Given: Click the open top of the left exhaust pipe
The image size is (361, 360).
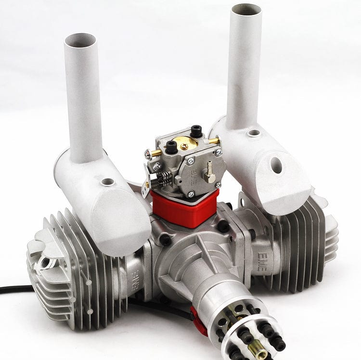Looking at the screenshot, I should [80, 40].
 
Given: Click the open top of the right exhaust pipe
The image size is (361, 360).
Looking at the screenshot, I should [246, 9].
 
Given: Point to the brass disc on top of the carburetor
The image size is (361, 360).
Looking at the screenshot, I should [185, 142].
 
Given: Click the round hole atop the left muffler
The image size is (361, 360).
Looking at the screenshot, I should [108, 182].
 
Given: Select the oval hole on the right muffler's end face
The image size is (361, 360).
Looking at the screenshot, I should [276, 165].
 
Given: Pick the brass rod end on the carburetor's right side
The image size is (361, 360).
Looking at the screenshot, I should [213, 141].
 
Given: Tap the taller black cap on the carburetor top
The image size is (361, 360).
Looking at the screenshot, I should [196, 130].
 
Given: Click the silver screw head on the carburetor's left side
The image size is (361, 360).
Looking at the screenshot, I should [148, 155].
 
